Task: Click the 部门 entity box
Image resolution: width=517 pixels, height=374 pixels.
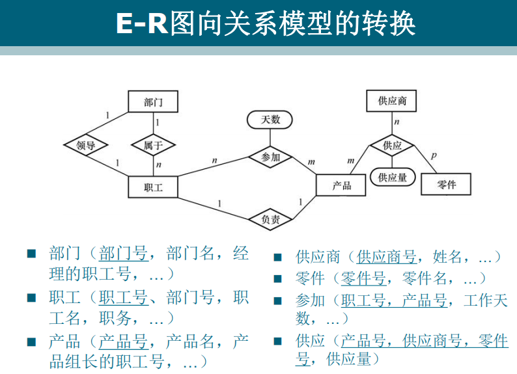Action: pos(152,103)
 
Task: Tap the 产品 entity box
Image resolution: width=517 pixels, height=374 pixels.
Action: pos(342,185)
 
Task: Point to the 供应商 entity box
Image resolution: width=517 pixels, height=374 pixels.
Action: pos(392,101)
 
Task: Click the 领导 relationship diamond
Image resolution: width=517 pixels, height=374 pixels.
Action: pos(85,145)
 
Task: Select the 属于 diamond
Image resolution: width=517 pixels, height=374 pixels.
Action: pos(153,145)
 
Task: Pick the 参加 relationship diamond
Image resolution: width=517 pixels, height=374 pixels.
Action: pos(270,157)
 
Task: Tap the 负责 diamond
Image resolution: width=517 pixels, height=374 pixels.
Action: pos(270,220)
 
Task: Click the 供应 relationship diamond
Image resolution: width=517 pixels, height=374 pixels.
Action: pos(393,146)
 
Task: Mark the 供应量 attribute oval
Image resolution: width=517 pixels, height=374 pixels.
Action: pos(393,177)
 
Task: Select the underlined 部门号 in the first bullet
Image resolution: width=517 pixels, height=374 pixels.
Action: pos(123,254)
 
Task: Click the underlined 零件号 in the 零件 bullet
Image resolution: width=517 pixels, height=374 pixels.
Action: pos(363,279)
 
